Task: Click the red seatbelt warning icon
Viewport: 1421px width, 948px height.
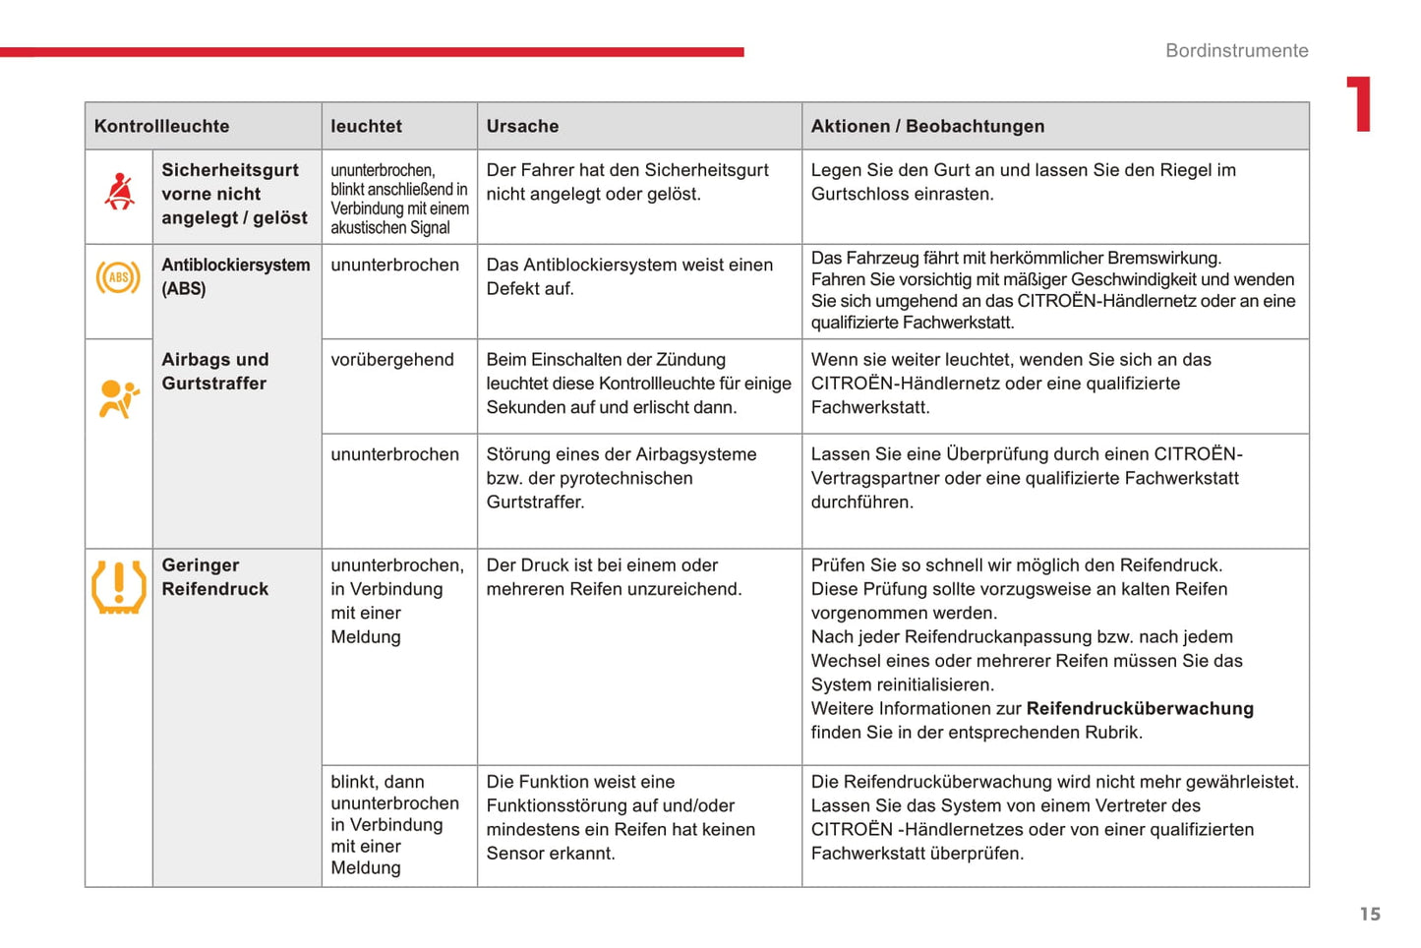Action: tap(119, 192)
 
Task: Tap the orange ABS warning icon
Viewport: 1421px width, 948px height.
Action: tap(118, 278)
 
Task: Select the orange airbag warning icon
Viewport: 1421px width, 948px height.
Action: tap(118, 398)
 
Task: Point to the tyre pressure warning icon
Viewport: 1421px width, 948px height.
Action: tap(118, 586)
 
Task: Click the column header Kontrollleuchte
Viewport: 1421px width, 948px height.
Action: tap(161, 126)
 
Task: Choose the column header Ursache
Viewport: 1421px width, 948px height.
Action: tap(522, 126)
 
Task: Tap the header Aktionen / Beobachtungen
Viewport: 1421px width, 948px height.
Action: tap(927, 126)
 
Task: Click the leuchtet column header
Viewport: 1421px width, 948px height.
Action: tap(366, 126)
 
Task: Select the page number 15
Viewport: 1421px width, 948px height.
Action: tap(1370, 915)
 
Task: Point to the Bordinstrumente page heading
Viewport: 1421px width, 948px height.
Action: tap(1236, 51)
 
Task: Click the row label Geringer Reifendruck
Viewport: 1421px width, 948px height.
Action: tap(214, 577)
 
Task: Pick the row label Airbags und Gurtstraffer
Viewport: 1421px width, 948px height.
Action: tap(214, 372)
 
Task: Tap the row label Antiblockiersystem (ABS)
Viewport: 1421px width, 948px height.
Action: tap(235, 276)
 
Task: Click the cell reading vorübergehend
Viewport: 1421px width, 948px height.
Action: tap(392, 360)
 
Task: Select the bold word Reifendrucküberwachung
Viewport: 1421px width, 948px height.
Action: tap(1140, 709)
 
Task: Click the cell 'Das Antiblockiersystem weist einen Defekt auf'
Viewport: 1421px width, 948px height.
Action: tap(629, 276)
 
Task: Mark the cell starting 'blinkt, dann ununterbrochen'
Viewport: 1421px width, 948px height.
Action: tap(394, 824)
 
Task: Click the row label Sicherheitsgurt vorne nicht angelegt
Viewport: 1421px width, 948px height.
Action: tap(234, 194)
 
